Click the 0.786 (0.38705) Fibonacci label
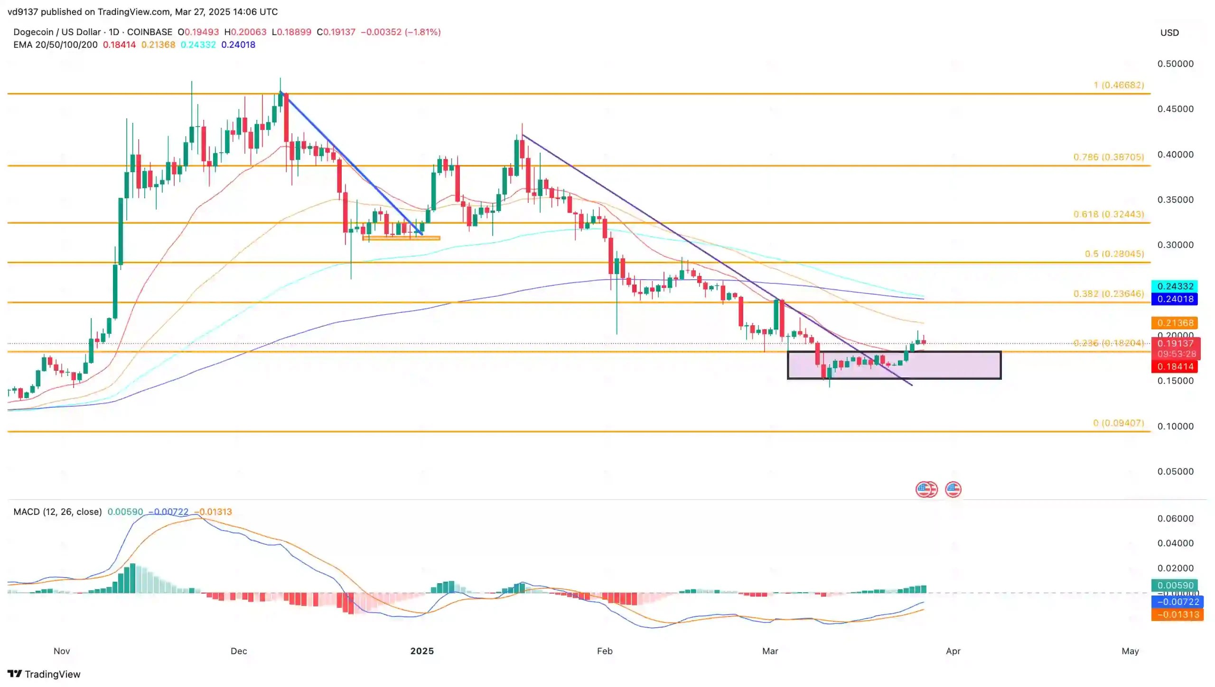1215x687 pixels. pyautogui.click(x=1108, y=157)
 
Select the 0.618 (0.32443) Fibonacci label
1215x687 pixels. pyautogui.click(x=1108, y=214)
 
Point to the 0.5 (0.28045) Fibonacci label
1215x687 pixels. pyautogui.click(x=1114, y=254)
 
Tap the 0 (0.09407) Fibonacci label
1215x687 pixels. pyautogui.click(x=1118, y=422)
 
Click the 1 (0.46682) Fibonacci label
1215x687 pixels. pyautogui.click(x=1118, y=85)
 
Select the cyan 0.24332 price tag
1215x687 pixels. pyautogui.click(x=1175, y=286)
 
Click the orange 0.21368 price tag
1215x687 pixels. pyautogui.click(x=1175, y=323)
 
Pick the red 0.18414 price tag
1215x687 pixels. pyautogui.click(x=1175, y=366)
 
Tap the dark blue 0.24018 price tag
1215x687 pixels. pyautogui.click(x=1175, y=299)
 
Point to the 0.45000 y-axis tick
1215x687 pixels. pyautogui.click(x=1175, y=109)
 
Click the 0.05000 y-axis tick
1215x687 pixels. pyautogui.click(x=1175, y=471)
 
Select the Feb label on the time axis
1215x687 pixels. pyautogui.click(x=604, y=651)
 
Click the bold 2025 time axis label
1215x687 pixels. pyautogui.click(x=422, y=651)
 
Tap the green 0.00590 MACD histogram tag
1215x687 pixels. pyautogui.click(x=1175, y=585)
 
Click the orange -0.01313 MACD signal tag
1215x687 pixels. pyautogui.click(x=1177, y=614)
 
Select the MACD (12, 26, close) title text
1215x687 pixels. pyautogui.click(x=57, y=512)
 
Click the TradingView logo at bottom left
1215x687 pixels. pyautogui.click(x=44, y=674)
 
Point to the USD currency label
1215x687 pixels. pyautogui.click(x=1169, y=33)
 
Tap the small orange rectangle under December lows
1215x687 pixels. pyautogui.click(x=401, y=238)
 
